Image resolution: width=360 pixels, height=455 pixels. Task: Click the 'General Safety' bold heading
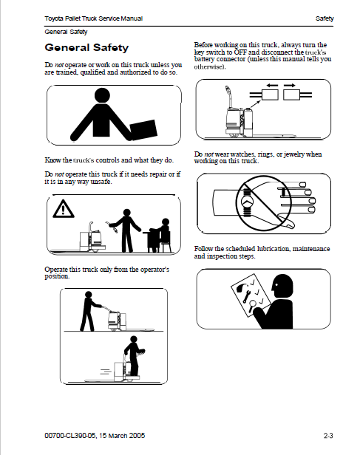[86, 48]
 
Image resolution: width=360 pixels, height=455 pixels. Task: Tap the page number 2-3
[328, 436]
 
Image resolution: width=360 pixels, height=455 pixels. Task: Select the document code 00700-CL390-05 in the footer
[70, 436]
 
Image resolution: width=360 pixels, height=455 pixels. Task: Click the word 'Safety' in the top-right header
[325, 18]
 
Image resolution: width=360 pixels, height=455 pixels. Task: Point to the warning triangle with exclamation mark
[64, 208]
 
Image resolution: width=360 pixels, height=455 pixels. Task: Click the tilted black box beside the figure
[143, 129]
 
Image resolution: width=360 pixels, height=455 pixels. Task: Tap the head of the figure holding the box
[103, 95]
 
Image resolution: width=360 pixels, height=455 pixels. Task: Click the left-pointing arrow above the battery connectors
[272, 86]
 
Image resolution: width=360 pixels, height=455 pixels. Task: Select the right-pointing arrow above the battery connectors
[290, 86]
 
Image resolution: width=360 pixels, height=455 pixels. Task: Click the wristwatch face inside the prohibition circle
[246, 202]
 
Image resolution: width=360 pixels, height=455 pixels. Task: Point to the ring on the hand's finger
[284, 191]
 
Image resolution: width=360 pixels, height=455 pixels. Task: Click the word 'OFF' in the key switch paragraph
[240, 52]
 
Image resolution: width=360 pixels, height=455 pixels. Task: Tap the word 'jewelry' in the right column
[293, 154]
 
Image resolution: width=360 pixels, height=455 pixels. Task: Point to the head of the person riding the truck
[134, 339]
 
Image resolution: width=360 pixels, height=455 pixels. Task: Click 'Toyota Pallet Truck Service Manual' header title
[93, 18]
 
